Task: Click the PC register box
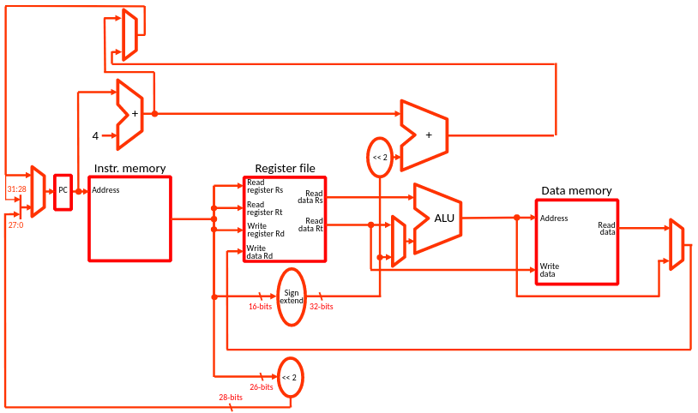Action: (x=63, y=191)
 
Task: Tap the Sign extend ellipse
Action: (x=292, y=296)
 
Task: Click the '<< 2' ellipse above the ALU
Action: (x=380, y=157)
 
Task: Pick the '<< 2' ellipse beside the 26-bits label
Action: (x=292, y=377)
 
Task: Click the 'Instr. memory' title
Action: (x=129, y=169)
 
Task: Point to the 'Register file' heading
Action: (x=285, y=169)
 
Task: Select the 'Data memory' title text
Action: (x=576, y=191)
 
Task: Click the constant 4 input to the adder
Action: (x=96, y=135)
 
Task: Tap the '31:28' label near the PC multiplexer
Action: (x=17, y=189)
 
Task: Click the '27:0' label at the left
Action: (x=16, y=224)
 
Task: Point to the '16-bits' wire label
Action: (x=261, y=306)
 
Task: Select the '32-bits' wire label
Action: (x=322, y=306)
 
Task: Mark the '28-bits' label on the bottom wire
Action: (x=231, y=398)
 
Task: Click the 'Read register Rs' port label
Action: (x=264, y=186)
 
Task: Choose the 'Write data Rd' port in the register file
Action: (x=260, y=252)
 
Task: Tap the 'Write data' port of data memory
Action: (x=549, y=270)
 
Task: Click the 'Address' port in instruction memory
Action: (x=106, y=190)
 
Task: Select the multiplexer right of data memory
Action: (x=677, y=245)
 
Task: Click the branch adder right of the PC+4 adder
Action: (x=424, y=135)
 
